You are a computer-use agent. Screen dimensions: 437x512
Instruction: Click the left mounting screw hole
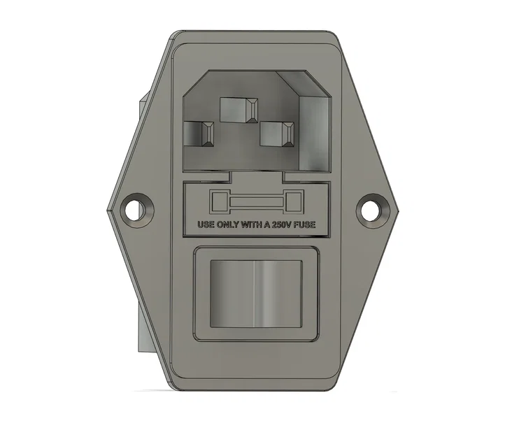coord(136,208)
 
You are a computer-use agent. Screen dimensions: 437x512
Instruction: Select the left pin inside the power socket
coord(201,133)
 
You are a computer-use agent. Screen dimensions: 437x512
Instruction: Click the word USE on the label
coord(206,226)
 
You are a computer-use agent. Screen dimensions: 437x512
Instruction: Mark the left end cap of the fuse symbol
coord(219,203)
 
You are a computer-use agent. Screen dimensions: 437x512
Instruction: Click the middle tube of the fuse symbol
coord(255,203)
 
